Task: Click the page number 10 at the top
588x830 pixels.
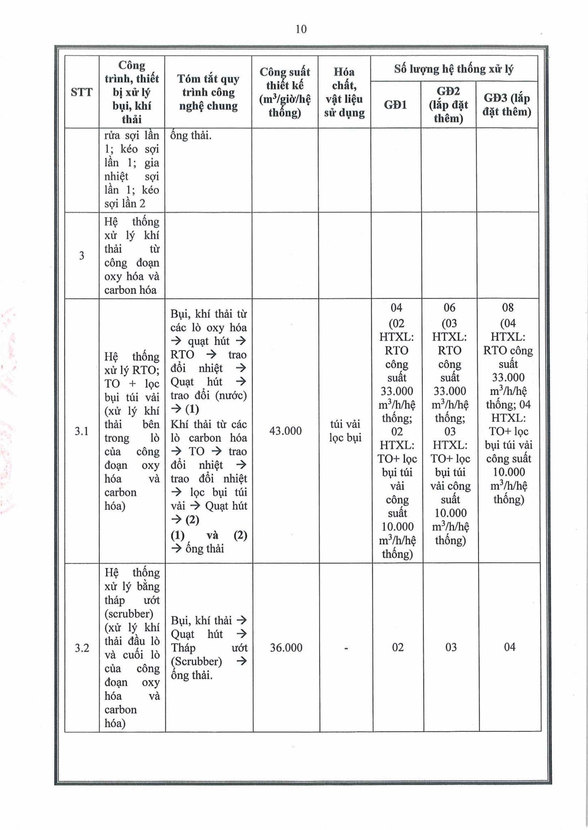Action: [x=301, y=29]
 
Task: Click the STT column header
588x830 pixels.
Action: [x=81, y=92]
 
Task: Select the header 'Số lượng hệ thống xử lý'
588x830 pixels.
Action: [x=454, y=69]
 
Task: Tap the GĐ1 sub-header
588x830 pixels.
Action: [x=395, y=105]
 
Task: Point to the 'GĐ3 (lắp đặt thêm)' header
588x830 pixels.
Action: [x=506, y=105]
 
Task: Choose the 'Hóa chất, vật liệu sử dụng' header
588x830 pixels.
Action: [x=344, y=92]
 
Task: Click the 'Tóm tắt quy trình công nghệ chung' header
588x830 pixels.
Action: [x=208, y=92]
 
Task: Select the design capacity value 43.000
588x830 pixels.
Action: [x=285, y=431]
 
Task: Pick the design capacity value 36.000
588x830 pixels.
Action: [x=286, y=648]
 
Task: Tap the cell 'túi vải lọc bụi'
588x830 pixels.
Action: [x=345, y=431]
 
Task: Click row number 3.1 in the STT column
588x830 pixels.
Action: [x=82, y=431]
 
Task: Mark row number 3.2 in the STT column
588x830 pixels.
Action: [x=82, y=648]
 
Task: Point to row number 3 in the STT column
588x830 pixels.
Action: [x=82, y=256]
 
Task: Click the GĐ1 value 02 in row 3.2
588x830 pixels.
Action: [x=398, y=647]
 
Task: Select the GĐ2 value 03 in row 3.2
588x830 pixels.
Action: [x=450, y=647]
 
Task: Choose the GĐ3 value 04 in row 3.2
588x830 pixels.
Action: [x=510, y=647]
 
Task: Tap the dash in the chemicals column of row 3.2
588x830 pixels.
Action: [x=346, y=648]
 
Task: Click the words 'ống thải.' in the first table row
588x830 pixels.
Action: [x=191, y=135]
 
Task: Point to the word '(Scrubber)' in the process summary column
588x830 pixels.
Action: [x=196, y=662]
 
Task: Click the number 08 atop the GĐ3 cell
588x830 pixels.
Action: [x=508, y=308]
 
